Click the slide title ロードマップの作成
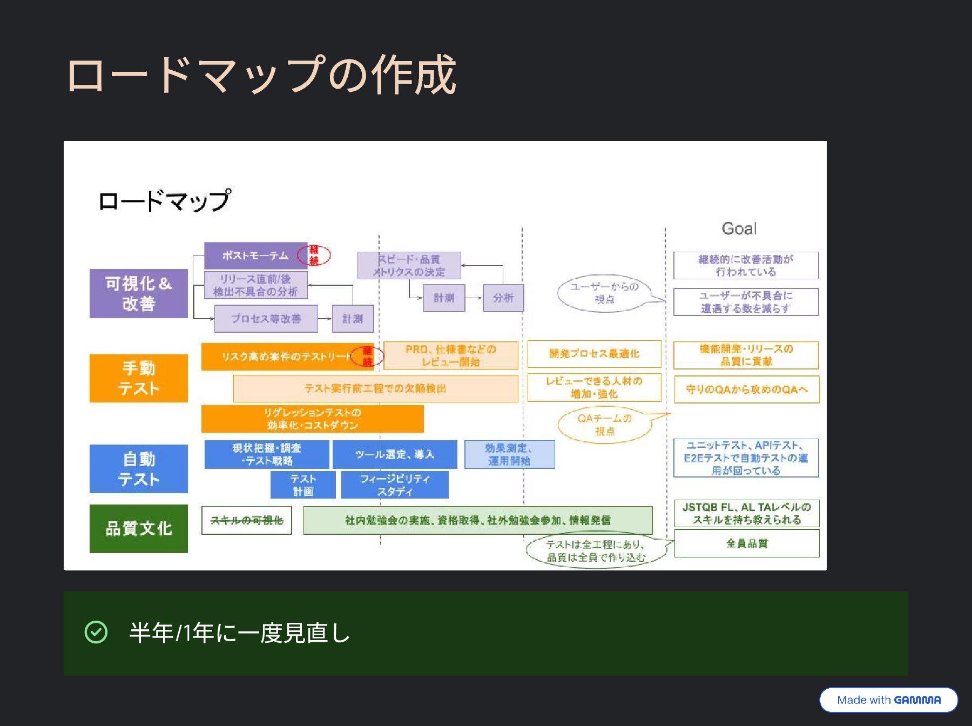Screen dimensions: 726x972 (261, 75)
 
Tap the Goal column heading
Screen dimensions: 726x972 (739, 228)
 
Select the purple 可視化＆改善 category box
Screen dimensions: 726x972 (139, 293)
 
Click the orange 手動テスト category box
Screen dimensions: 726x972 (139, 378)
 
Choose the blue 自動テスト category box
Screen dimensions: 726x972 (139, 469)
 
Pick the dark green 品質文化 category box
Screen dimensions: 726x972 (139, 528)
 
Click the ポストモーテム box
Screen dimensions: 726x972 (255, 256)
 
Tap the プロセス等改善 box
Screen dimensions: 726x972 (266, 319)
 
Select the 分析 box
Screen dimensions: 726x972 (503, 298)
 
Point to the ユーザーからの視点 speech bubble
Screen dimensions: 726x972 (604, 293)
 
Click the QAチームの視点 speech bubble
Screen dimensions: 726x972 (604, 425)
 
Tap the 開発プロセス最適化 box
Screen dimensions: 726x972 (594, 354)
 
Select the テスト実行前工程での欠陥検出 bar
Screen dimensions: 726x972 (375, 388)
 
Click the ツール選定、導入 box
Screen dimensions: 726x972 (395, 454)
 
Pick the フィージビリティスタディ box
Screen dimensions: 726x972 (395, 485)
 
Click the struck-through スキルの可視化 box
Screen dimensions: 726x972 (246, 520)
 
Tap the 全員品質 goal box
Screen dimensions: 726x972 (746, 543)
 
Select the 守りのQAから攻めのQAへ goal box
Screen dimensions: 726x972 (746, 389)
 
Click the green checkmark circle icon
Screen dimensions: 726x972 (96, 632)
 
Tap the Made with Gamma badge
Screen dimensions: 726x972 (888, 700)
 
